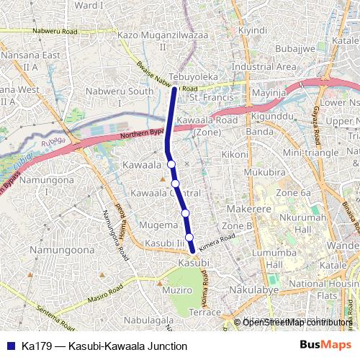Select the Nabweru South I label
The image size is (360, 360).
120,96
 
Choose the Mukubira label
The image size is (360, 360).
264,172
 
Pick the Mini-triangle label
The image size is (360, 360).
310,153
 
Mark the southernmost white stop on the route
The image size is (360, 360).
189,238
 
